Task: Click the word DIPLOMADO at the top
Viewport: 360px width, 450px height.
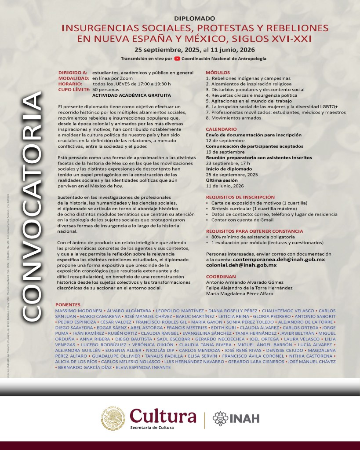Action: (195, 18)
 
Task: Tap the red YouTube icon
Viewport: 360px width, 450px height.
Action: (177, 58)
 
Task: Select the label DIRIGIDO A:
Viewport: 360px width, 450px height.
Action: (73, 72)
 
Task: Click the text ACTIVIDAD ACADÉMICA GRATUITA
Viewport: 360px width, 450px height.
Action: (125, 95)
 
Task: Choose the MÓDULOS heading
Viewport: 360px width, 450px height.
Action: (218, 72)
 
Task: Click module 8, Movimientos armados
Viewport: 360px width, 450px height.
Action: (233, 118)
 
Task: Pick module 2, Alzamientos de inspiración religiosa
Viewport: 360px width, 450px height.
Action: (248, 84)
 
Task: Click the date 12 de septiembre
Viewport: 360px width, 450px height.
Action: (225, 140)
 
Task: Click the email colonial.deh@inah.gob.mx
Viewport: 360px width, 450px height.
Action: (241, 265)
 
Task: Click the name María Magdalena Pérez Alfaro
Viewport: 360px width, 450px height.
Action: (242, 293)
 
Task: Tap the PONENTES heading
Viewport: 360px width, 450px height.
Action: (68, 305)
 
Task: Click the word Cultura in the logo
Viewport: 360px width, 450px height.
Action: (163, 415)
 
